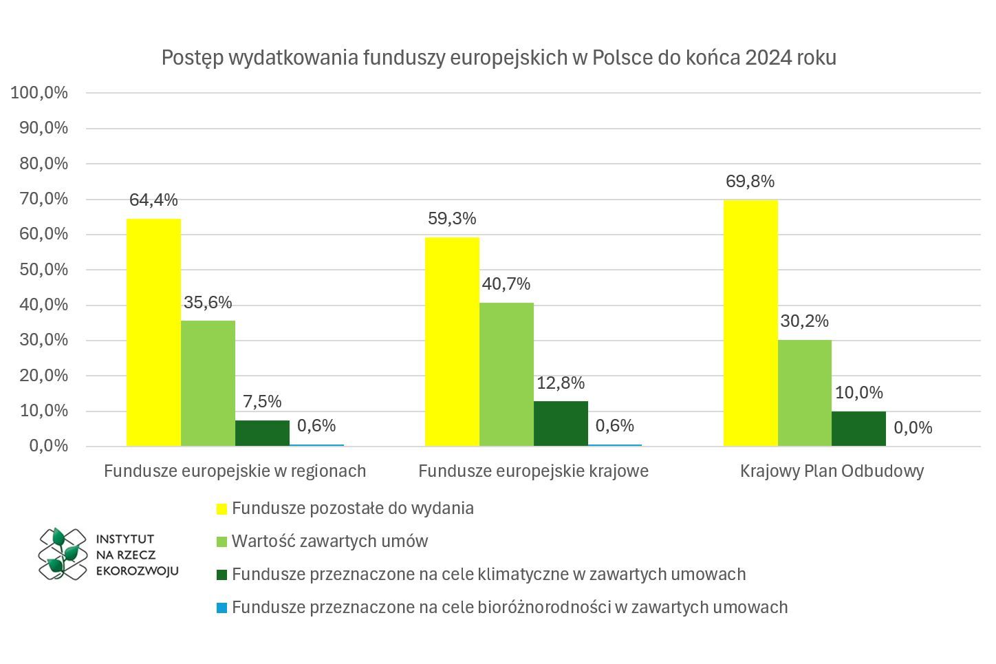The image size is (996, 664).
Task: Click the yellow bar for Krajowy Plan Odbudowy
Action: (750, 323)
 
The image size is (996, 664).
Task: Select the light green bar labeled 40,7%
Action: (506, 375)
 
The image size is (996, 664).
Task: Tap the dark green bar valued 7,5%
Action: (262, 433)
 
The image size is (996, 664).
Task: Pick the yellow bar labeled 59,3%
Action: (452, 342)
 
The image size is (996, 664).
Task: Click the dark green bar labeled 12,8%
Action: (561, 424)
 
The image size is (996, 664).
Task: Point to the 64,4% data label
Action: (153, 200)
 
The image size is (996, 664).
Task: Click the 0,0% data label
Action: (913, 428)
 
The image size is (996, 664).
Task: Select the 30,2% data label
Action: (804, 321)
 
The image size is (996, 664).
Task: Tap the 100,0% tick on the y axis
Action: (40, 93)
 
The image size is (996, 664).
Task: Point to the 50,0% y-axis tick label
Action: (40, 270)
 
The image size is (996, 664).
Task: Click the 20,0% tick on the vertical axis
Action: (40, 376)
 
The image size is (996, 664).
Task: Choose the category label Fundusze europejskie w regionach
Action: (235, 471)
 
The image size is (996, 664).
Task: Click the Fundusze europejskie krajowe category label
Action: (533, 471)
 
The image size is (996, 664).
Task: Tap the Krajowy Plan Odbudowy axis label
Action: (832, 471)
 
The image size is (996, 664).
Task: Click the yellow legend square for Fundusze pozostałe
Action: (221, 509)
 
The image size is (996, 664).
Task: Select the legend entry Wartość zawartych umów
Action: (329, 542)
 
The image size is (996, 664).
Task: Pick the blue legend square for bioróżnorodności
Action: (221, 608)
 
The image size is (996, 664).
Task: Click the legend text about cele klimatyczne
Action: (488, 575)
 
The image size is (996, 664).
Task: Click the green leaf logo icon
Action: (62, 553)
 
